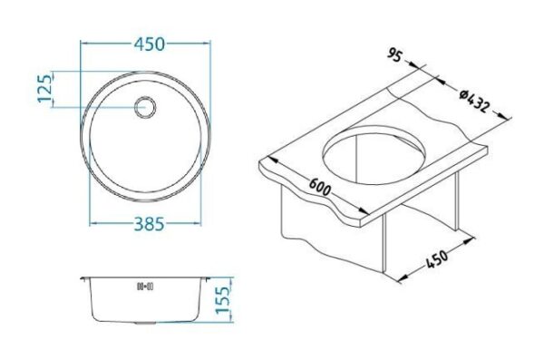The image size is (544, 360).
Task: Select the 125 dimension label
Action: [x=44, y=89]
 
